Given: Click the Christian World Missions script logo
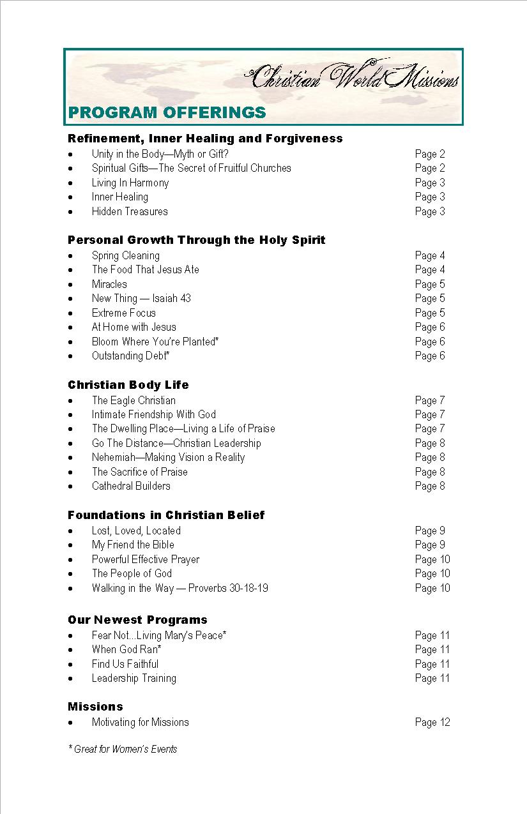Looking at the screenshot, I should pos(353,78).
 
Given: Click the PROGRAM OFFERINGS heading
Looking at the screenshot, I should pos(167,113).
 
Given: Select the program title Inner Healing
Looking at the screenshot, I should pos(119,197).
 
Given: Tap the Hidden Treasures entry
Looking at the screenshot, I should pos(130,211).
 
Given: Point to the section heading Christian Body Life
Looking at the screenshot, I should pos(128,384).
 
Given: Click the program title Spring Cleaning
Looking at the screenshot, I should pos(125,255).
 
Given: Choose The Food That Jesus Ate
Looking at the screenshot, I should pos(145,269).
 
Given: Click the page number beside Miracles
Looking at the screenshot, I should pos(429,284).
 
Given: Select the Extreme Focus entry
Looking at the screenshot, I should pos(123,313).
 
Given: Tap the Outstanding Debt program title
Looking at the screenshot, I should pos(130,356).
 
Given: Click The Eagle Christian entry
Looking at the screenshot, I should pos(134,400).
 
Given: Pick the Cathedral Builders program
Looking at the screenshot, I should pos(131,486).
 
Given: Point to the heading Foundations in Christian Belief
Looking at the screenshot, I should pos(166,515).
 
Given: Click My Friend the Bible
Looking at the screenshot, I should pos(133,545).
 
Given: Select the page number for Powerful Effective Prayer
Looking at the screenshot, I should pos(432,559).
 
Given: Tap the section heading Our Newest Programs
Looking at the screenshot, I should pos(137,619).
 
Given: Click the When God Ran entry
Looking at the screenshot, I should pos(126,649).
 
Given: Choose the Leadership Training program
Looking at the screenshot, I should pos(134,678).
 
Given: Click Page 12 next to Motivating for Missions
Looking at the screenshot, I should pos(432,722).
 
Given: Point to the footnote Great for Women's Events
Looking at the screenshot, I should pos(123,749).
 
